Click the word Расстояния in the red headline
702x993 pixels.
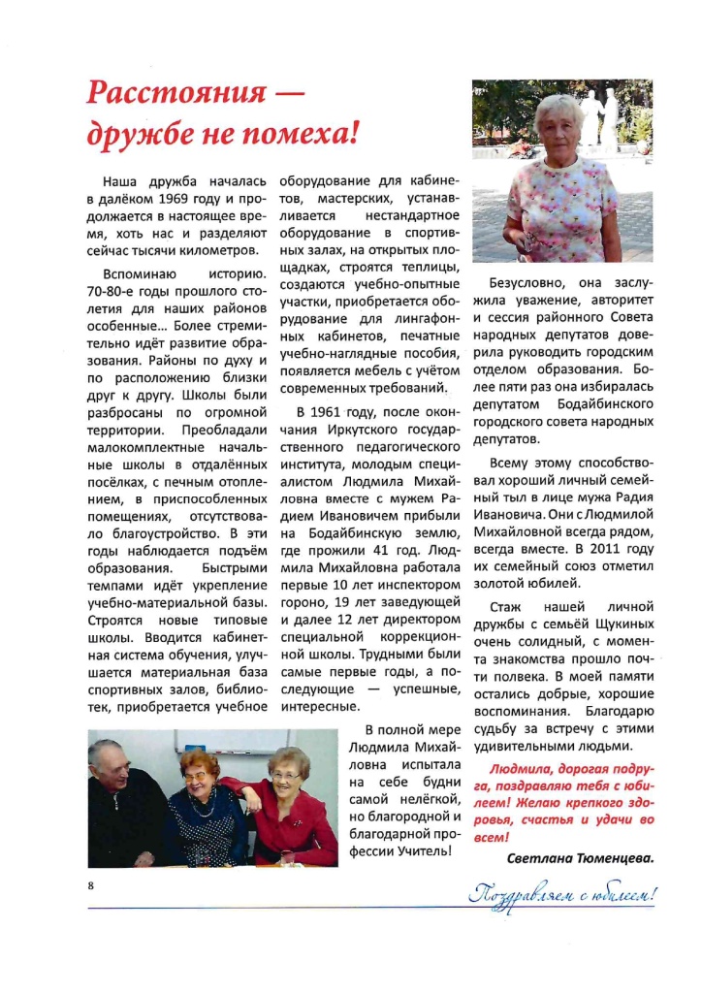point(175,94)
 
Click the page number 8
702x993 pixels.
point(89,884)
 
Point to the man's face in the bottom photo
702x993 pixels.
point(112,769)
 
